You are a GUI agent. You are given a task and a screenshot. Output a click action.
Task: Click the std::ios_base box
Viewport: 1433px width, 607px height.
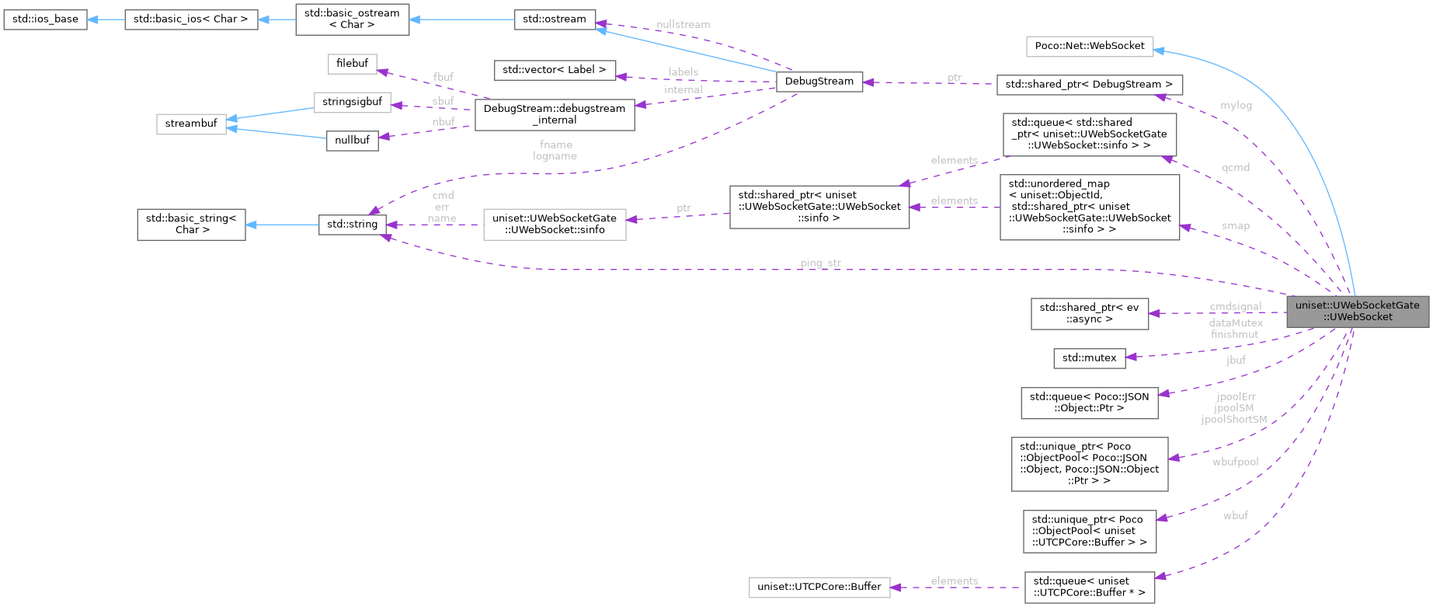45,19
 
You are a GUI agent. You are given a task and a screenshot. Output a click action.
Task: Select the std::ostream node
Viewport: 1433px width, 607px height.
555,19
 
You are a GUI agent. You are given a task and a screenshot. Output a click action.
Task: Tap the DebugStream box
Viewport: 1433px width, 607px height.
819,81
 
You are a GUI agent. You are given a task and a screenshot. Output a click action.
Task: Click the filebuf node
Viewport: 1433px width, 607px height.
352,63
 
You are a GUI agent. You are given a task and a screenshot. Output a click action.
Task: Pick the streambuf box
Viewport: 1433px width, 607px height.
191,124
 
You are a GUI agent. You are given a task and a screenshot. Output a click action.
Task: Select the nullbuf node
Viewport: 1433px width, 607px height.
352,140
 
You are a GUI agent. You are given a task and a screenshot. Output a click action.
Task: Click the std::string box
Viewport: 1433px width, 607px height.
352,224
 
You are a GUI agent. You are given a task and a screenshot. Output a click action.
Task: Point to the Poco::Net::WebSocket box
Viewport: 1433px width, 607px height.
1089,45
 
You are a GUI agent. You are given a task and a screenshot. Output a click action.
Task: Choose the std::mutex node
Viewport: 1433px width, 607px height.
1089,358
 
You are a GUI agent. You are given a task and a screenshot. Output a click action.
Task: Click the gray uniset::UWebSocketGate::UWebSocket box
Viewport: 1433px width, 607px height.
1357,311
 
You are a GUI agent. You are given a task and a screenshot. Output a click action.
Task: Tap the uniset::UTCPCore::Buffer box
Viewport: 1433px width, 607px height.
819,587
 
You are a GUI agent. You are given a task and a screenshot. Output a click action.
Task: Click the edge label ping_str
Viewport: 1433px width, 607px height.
820,263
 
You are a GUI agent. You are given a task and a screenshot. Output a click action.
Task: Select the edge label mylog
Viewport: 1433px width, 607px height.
1236,105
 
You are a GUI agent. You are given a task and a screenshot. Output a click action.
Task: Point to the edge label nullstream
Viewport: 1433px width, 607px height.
683,24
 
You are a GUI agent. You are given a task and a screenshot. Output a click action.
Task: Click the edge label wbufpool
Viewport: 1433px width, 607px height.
1235,462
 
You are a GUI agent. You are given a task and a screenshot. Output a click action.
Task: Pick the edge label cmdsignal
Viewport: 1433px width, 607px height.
1235,306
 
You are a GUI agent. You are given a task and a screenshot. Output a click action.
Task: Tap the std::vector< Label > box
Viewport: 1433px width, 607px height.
554,70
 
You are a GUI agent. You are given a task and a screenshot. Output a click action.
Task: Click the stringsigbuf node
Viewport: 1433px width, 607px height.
352,102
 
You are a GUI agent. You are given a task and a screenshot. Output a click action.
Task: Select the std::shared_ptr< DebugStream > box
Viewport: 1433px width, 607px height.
1089,84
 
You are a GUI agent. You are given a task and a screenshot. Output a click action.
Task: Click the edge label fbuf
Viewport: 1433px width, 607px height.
443,77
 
